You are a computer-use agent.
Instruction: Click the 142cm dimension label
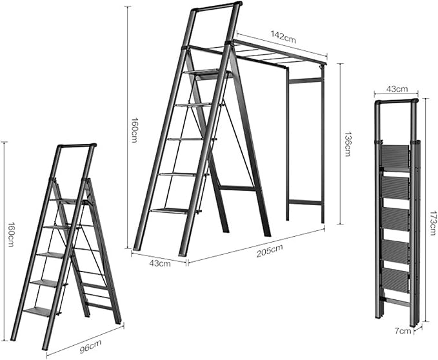pyautogui.click(x=283, y=37)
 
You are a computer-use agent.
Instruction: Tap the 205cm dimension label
pyautogui.click(x=269, y=250)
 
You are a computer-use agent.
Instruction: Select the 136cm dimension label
pyautogui.click(x=347, y=144)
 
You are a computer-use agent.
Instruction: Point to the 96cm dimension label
pyautogui.click(x=90, y=346)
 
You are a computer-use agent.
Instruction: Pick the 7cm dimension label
pyautogui.click(x=403, y=331)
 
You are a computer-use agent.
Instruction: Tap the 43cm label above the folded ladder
pyautogui.click(x=397, y=89)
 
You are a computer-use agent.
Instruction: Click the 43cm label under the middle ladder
pyautogui.click(x=160, y=263)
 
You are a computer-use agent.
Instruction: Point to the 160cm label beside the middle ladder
pyautogui.click(x=134, y=130)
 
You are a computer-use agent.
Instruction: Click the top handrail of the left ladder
pyautogui.click(x=77, y=146)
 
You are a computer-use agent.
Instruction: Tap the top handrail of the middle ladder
pyautogui.click(x=217, y=6)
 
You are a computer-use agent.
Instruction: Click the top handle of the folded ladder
pyautogui.click(x=396, y=101)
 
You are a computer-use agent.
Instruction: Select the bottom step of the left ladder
pyautogui.click(x=42, y=311)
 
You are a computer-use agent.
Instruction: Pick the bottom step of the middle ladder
pyautogui.click(x=175, y=211)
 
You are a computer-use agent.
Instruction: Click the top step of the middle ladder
pyautogui.click(x=207, y=73)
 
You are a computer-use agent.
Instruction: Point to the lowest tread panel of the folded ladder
pyautogui.click(x=395, y=281)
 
